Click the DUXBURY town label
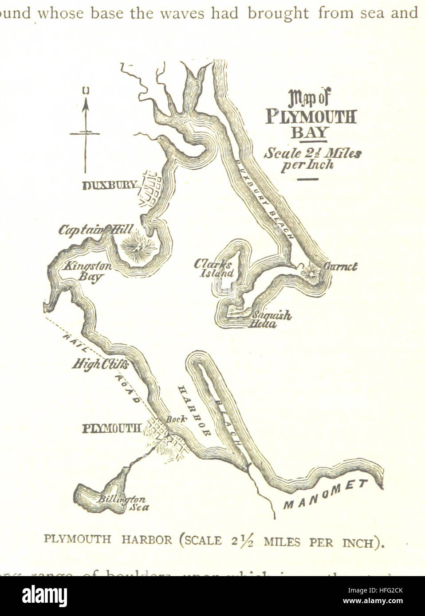click(109, 185)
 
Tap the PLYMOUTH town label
click(112, 429)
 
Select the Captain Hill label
click(95, 230)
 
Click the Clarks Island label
click(213, 269)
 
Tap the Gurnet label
click(341, 267)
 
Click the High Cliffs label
click(100, 364)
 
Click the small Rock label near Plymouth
click(176, 419)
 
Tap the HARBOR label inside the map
click(194, 411)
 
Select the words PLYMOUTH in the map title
click(311, 117)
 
